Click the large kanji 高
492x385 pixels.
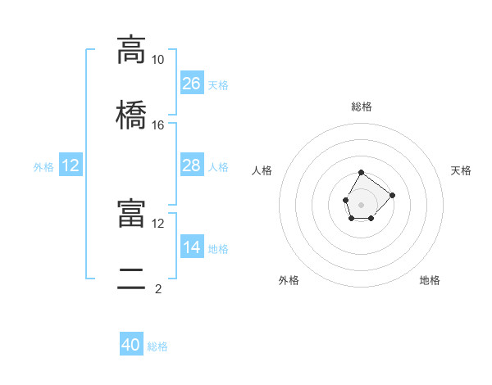click(131, 50)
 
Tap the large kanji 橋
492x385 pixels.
click(131, 115)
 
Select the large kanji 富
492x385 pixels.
click(131, 213)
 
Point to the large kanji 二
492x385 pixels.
click(131, 279)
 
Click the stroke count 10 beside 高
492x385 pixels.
click(157, 60)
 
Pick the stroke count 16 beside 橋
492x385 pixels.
click(157, 125)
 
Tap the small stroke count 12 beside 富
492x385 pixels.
click(157, 224)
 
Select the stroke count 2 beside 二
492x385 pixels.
click(158, 289)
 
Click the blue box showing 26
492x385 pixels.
click(192, 83)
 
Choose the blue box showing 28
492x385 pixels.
click(192, 165)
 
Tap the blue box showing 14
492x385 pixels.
click(192, 246)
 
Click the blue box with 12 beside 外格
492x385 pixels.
click(71, 165)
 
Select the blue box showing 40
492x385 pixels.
click(131, 343)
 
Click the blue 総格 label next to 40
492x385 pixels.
click(157, 346)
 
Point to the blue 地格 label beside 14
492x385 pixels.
click(218, 249)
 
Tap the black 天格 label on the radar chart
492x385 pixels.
click(461, 170)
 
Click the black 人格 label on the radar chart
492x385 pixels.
click(262, 170)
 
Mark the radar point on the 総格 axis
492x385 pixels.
click(361, 173)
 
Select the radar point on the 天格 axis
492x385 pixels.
click(392, 195)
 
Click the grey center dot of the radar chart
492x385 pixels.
click(361, 205)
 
